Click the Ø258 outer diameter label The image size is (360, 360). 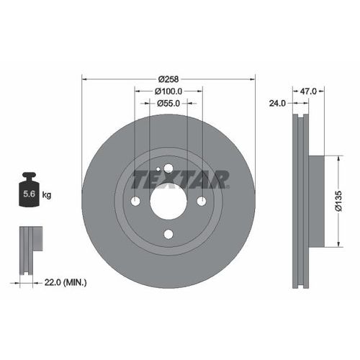coord(168,78)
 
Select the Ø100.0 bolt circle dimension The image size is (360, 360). coord(168,91)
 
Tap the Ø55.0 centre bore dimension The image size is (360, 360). coord(168,104)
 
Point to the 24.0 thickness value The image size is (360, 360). coord(278,104)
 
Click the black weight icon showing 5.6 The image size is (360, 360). coord(29,191)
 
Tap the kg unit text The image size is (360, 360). coord(48,194)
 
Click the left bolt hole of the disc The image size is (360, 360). coord(135,201)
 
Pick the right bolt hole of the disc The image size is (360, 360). coord(202,201)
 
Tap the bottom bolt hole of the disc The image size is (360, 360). coord(168,233)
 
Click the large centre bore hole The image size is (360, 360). coord(168,202)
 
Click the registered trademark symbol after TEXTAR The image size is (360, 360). coord(228,186)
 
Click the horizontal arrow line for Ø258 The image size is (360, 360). coord(115,78)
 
